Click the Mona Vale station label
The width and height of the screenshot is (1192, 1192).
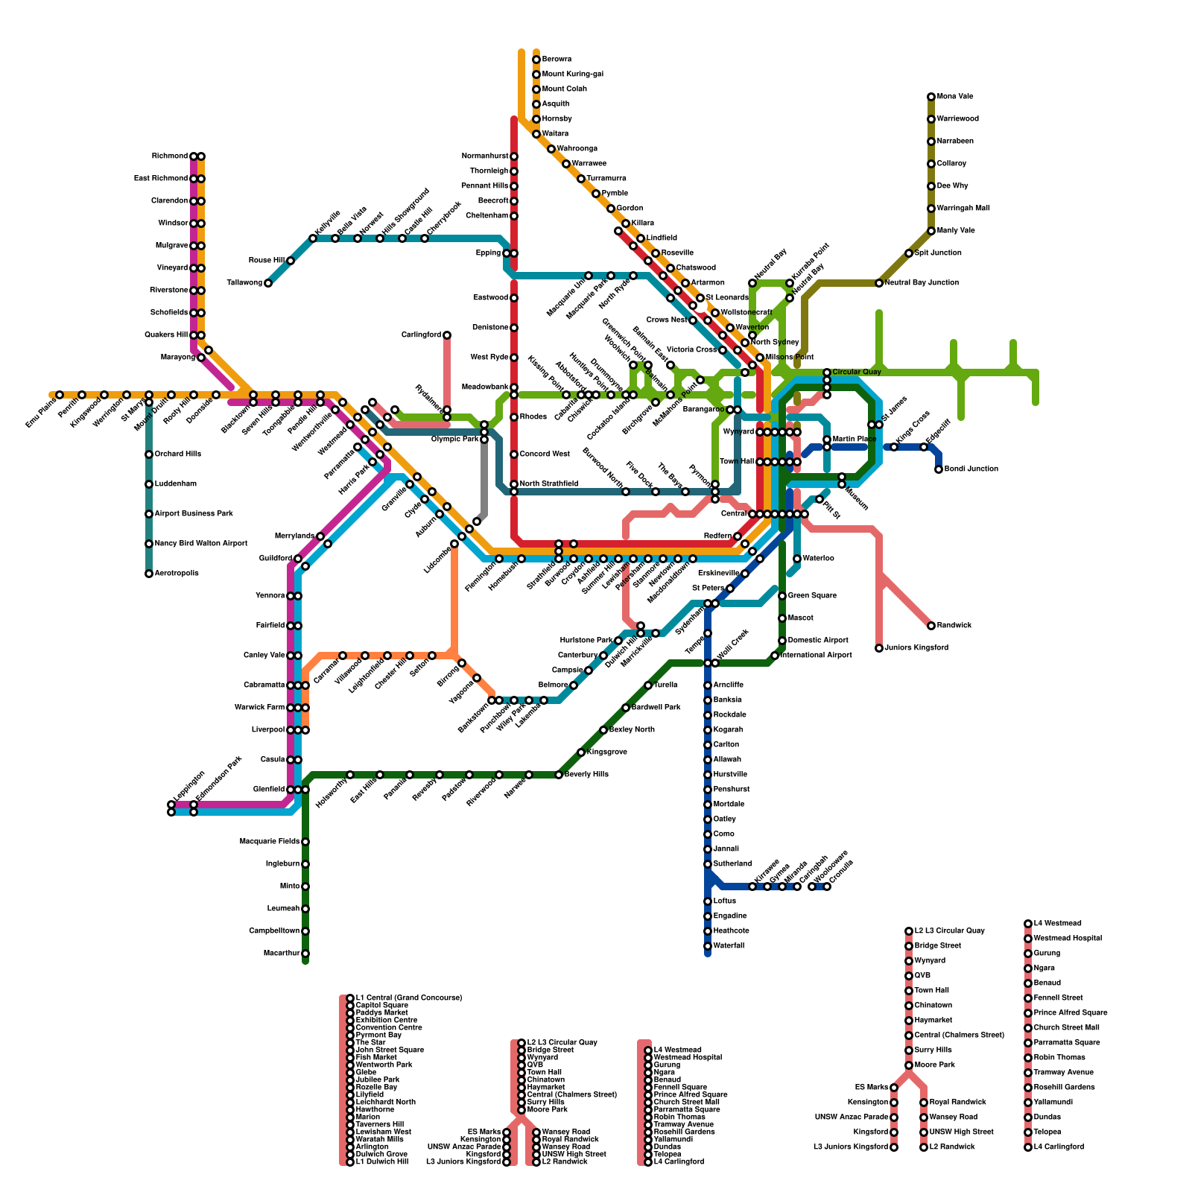pos(954,97)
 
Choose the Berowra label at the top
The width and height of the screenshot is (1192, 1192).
pos(557,60)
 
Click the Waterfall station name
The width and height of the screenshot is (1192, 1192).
pos(729,946)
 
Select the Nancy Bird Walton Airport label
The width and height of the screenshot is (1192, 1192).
pos(200,544)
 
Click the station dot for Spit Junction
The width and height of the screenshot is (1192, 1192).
pos(909,253)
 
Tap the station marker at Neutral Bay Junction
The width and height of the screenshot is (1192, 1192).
pos(879,283)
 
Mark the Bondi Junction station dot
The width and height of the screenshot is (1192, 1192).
pos(939,469)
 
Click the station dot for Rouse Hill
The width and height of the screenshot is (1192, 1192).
pos(291,261)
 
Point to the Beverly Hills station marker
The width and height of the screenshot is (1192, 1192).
pos(559,775)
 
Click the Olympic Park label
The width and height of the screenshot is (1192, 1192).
pos(454,440)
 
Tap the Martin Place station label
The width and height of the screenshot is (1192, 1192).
pos(855,440)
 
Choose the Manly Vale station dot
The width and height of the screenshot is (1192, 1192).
pos(931,231)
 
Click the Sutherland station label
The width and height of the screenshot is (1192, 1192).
pos(732,864)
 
